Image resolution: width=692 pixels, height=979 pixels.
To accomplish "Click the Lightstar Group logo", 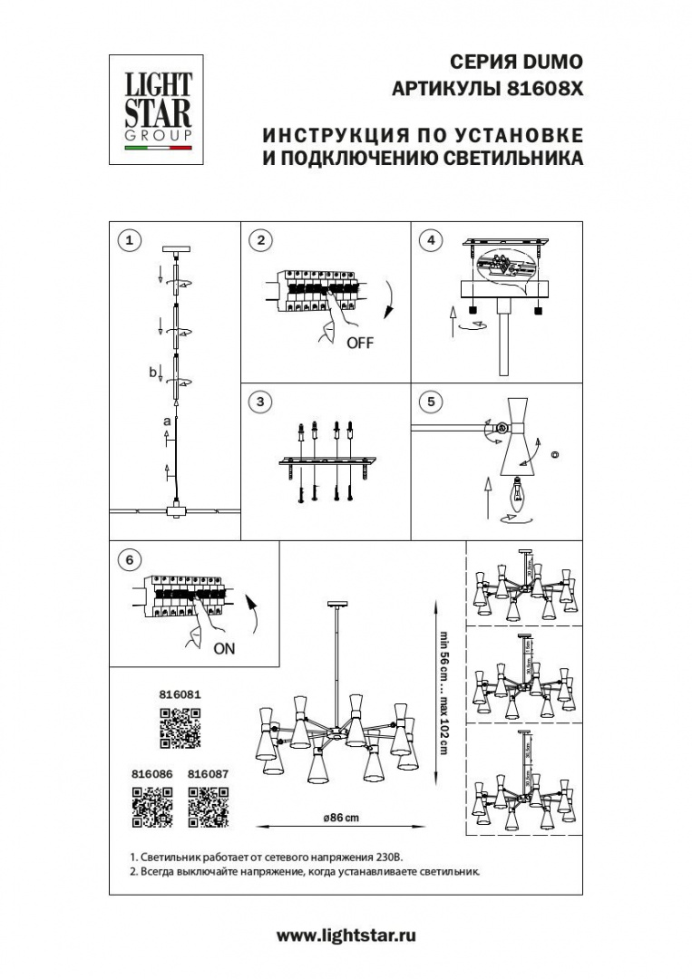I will pos(151,110).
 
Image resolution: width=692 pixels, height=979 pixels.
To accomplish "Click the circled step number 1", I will pos(131,240).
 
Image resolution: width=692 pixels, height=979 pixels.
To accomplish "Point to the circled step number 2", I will pos(260,240).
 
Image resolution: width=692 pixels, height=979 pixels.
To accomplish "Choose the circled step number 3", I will pos(260,402).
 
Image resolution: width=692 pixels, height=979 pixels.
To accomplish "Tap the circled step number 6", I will pos(131,560).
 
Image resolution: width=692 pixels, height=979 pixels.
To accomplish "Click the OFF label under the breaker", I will pos(359,344).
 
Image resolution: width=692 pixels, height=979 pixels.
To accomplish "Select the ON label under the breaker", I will pos(224,649).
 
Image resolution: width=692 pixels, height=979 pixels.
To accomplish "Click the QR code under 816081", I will pos(180,728).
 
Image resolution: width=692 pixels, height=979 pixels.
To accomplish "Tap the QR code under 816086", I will pos(152,807).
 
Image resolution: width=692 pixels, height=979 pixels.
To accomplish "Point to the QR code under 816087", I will pos(208,807).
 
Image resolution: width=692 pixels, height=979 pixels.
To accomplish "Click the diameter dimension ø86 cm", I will pos(341,818).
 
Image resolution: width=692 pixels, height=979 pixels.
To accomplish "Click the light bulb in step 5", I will pos(521,491).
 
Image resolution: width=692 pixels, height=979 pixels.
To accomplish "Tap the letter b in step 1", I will pos(153,371).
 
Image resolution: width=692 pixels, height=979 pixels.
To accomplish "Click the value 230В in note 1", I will pos(385,857).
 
